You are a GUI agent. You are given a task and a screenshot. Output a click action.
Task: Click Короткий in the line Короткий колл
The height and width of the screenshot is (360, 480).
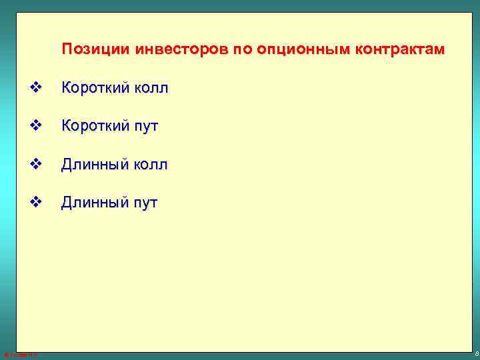point(95,87)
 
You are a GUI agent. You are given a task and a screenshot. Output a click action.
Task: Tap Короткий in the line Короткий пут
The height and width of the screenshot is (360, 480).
point(95,125)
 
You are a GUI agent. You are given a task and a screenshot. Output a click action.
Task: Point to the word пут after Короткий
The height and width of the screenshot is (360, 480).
point(145,126)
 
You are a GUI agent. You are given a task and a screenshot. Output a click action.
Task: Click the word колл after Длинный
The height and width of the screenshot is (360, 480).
point(150,164)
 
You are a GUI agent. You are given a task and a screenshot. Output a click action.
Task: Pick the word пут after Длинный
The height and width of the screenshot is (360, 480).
point(145,203)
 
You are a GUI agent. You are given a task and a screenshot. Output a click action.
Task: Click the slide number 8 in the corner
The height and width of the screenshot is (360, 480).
point(475,354)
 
